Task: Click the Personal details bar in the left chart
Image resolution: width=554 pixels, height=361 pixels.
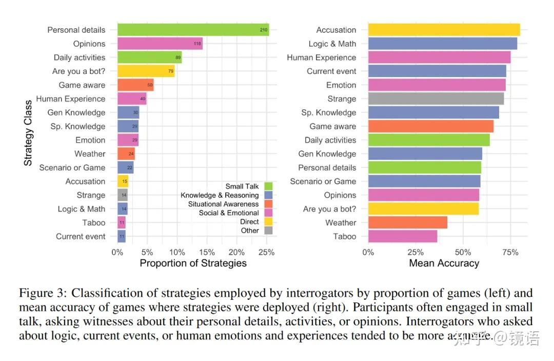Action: click(x=193, y=30)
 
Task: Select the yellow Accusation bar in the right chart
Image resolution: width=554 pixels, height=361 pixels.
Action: click(x=444, y=30)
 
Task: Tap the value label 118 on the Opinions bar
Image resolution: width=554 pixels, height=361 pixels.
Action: click(x=197, y=44)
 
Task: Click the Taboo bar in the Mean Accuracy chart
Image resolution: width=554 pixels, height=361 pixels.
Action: click(x=403, y=236)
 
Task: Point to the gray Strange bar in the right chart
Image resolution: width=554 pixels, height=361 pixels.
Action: click(x=436, y=99)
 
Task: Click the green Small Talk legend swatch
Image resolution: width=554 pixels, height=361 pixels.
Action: click(x=268, y=186)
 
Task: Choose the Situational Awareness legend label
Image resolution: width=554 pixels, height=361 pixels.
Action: click(x=223, y=204)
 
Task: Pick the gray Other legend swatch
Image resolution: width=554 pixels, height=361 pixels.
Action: click(x=268, y=231)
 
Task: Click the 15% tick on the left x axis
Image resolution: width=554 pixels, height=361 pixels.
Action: click(x=207, y=252)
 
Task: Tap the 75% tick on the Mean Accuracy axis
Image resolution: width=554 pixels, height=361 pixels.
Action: click(x=510, y=252)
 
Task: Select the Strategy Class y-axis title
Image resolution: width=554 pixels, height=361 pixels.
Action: click(x=28, y=132)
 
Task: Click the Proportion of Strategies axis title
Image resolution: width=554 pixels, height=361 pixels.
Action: click(x=193, y=263)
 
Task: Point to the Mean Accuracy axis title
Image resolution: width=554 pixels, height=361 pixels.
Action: click(x=444, y=263)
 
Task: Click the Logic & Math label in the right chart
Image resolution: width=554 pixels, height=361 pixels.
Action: click(x=332, y=44)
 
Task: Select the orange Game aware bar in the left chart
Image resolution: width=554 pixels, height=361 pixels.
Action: click(x=135, y=85)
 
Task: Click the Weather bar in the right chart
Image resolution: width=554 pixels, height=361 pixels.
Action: click(x=407, y=222)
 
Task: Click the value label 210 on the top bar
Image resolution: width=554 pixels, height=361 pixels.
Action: click(x=264, y=30)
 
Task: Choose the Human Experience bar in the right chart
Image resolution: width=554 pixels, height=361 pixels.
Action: click(x=439, y=58)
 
